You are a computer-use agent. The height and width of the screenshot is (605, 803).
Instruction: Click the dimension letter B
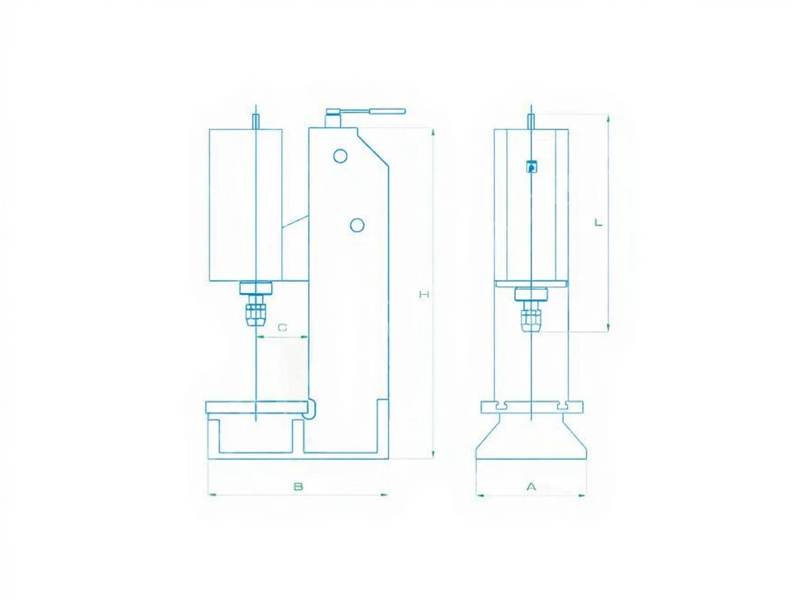(x=298, y=486)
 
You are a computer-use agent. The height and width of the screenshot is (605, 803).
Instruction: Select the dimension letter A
(x=531, y=486)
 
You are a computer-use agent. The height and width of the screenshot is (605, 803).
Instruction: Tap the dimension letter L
(x=598, y=223)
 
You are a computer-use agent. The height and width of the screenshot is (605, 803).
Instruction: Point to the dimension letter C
(x=283, y=327)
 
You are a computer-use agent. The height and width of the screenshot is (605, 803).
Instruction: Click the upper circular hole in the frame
(x=340, y=156)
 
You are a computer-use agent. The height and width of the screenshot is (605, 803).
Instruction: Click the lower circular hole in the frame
(x=357, y=225)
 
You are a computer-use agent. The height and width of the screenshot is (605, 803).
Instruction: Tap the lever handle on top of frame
(x=366, y=111)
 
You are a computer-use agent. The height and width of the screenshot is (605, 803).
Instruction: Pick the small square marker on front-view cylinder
(x=532, y=166)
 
